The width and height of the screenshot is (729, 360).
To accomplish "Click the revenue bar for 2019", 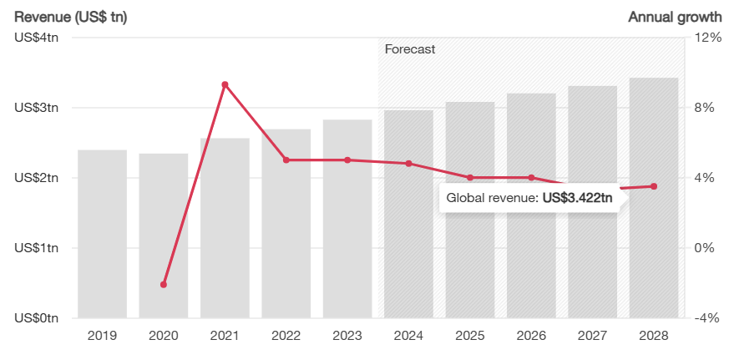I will coord(102,234).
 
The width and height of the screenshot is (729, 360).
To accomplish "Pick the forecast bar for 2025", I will coord(470,210).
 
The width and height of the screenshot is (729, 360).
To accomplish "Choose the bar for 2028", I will coord(653,251).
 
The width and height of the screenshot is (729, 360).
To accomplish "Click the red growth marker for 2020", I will coord(164,285).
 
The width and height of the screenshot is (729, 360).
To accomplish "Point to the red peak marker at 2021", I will coord(225,84).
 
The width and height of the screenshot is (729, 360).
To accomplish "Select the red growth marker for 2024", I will coord(408,164).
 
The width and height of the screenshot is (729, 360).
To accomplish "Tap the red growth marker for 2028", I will coord(653,186).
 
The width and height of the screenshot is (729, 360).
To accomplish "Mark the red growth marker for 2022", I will coord(286,160).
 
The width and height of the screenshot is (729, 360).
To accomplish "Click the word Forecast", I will coord(409,49).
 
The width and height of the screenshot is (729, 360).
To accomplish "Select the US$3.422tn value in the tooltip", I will coord(577,198).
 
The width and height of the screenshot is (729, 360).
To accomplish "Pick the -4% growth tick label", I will coord(707,318).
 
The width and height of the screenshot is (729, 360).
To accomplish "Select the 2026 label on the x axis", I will coord(531,336).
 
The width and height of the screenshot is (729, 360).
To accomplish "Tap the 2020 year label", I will coord(164,336).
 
